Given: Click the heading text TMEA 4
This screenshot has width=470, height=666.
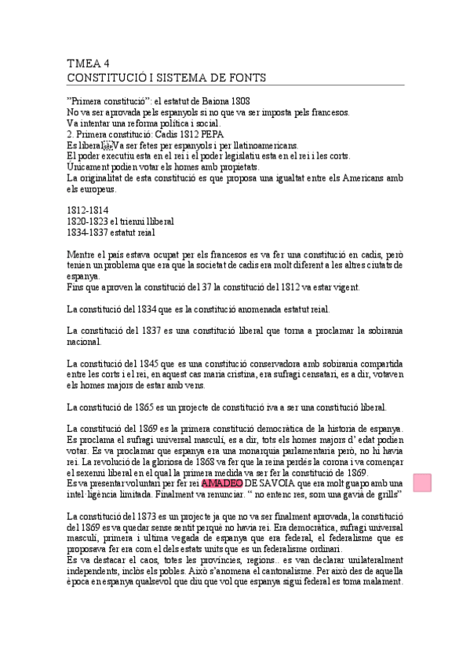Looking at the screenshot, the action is point(88,64).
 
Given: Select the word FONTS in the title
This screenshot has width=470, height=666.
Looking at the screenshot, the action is point(245,78).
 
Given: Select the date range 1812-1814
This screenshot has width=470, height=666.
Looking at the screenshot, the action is point(89,210).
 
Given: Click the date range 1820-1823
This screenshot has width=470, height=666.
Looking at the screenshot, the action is point(89,221).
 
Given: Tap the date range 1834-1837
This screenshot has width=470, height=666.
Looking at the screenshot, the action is point(89,232).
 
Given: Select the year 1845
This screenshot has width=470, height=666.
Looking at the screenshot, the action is point(143,364).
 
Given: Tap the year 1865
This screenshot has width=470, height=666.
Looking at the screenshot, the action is point(143,407).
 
